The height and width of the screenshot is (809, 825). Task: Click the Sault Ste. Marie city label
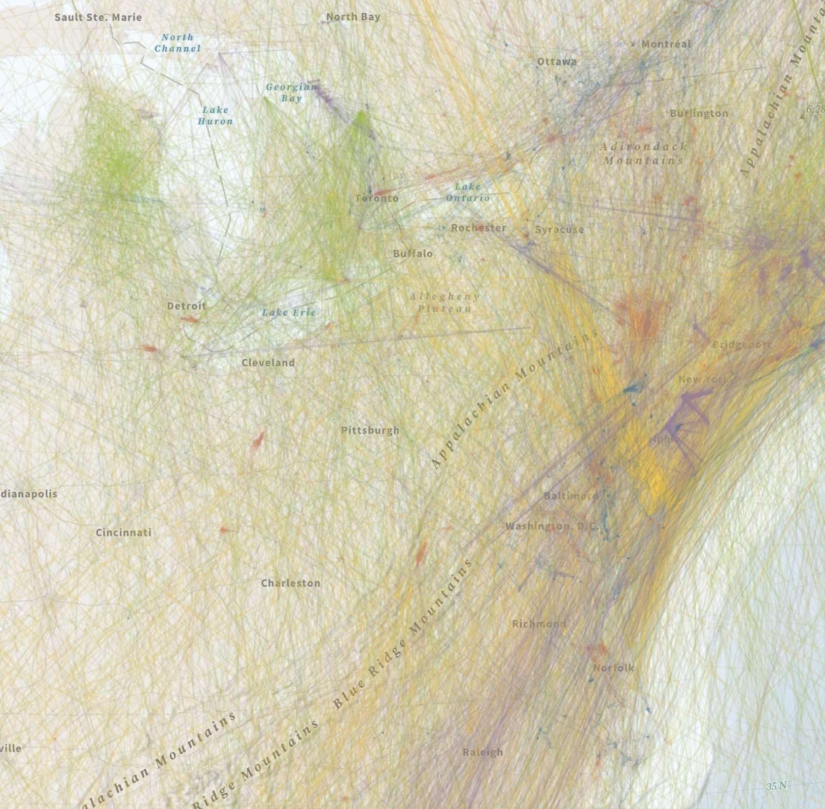[98, 17]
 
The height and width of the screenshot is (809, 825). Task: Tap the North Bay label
[353, 17]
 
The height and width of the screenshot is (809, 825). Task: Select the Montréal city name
[666, 44]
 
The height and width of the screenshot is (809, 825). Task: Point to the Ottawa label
[557, 62]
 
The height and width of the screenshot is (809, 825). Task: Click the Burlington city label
[699, 114]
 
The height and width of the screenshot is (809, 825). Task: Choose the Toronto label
[376, 198]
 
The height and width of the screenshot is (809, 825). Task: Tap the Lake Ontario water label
[468, 192]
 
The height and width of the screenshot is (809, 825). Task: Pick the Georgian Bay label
[291, 92]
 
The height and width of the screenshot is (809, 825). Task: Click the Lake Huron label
[215, 115]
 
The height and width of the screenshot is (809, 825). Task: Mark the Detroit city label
[186, 306]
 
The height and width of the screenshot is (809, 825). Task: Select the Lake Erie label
[289, 313]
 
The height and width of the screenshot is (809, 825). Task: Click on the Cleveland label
[268, 363]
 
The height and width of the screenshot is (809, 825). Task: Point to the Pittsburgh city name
[370, 431]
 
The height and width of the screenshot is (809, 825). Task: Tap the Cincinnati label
[123, 533]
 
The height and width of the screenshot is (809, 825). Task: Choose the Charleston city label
[291, 584]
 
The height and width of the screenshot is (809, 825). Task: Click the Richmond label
[539, 624]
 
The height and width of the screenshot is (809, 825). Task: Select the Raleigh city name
[483, 753]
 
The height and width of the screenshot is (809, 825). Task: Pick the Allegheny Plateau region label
[444, 302]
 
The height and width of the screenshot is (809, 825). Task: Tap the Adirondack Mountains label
[643, 153]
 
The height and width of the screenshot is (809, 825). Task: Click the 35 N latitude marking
[776, 786]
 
